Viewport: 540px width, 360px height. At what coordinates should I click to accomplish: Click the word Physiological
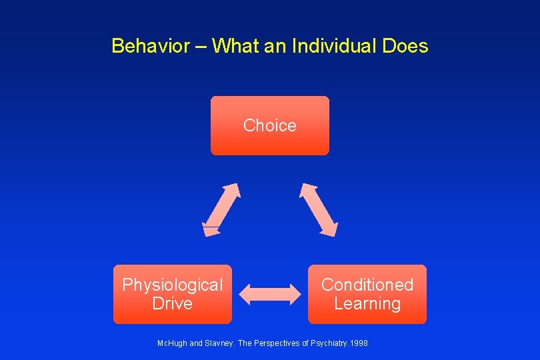(x=173, y=285)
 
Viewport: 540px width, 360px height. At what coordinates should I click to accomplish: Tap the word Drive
(x=172, y=304)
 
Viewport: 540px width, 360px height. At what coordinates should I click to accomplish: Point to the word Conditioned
(x=367, y=285)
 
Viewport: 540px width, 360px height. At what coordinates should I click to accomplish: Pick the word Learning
(x=367, y=304)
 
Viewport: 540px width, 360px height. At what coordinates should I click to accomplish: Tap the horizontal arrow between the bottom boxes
(x=270, y=293)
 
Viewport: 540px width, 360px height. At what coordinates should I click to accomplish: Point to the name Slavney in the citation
(x=219, y=343)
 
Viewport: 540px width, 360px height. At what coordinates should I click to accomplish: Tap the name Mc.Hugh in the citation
(x=171, y=343)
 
